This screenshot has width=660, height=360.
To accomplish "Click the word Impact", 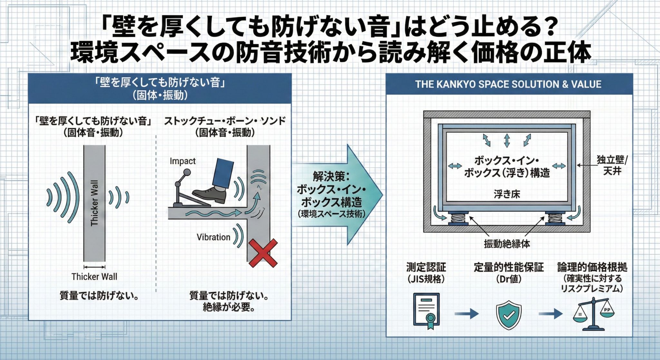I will click(x=182, y=161).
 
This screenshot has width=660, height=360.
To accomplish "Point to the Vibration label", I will click(x=213, y=237).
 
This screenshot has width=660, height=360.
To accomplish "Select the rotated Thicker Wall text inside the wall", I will click(x=94, y=203).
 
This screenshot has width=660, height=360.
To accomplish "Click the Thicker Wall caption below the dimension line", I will click(x=94, y=277).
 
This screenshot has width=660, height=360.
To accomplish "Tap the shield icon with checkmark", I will click(x=509, y=315).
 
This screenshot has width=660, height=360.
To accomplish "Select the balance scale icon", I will click(x=593, y=314).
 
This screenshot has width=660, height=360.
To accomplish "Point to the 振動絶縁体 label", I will click(x=507, y=244).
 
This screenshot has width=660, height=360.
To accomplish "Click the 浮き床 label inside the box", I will click(x=507, y=194).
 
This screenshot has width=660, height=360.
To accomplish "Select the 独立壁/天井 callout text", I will click(x=612, y=165).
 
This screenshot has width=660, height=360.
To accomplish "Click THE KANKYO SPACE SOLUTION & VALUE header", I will click(x=508, y=84).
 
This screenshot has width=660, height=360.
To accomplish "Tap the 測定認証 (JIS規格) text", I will click(x=426, y=273).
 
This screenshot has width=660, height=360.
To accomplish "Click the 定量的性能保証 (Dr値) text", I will click(x=509, y=273).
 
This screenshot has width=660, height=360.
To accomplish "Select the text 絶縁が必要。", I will click(x=229, y=307).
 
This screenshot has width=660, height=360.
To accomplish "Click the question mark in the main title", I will click(x=548, y=28).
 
